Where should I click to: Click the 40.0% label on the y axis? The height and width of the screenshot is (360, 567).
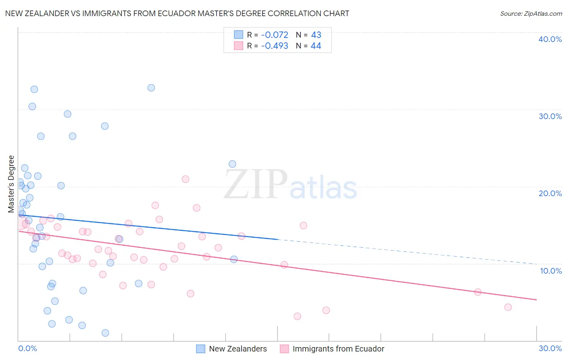(x=550, y=39)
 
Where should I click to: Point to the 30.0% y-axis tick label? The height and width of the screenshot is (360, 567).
(x=550, y=116)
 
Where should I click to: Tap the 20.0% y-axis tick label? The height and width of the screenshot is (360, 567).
(x=550, y=193)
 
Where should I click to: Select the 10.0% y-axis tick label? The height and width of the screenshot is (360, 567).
(x=550, y=271)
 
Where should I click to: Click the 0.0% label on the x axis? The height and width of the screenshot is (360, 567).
(x=27, y=348)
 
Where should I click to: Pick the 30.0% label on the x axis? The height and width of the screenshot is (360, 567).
(x=550, y=348)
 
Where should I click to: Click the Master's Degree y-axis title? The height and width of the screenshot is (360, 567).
(x=11, y=184)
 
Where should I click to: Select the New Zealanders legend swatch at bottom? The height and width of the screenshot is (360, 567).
(x=200, y=349)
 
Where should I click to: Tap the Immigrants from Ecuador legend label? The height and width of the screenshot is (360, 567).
(x=338, y=349)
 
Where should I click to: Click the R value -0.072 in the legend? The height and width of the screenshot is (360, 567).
(x=275, y=35)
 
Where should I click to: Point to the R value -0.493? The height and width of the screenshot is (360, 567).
(x=275, y=46)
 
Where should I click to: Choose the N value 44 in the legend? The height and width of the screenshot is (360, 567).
(x=316, y=46)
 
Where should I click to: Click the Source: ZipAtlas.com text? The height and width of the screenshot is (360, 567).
(x=531, y=14)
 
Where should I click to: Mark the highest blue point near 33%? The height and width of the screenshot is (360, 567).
(x=151, y=88)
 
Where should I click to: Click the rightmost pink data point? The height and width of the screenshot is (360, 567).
(x=508, y=307)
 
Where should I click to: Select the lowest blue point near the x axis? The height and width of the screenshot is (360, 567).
(x=105, y=333)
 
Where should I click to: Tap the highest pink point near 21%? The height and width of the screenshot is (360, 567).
(x=186, y=179)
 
